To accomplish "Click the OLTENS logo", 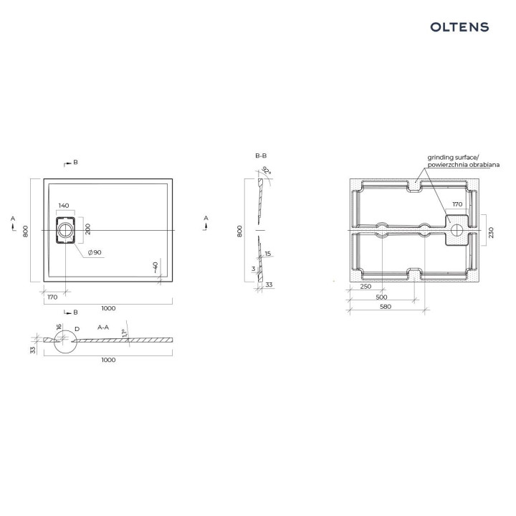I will (459, 27).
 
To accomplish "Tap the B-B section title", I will (261, 156).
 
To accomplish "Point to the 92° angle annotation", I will (267, 171).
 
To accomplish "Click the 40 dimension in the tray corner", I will (156, 267).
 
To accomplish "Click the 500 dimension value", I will (381, 297).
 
